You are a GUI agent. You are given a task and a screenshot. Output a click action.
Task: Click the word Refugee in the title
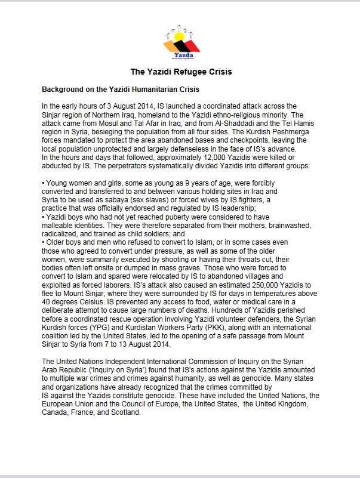180,72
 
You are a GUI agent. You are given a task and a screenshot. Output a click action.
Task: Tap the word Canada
57,412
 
